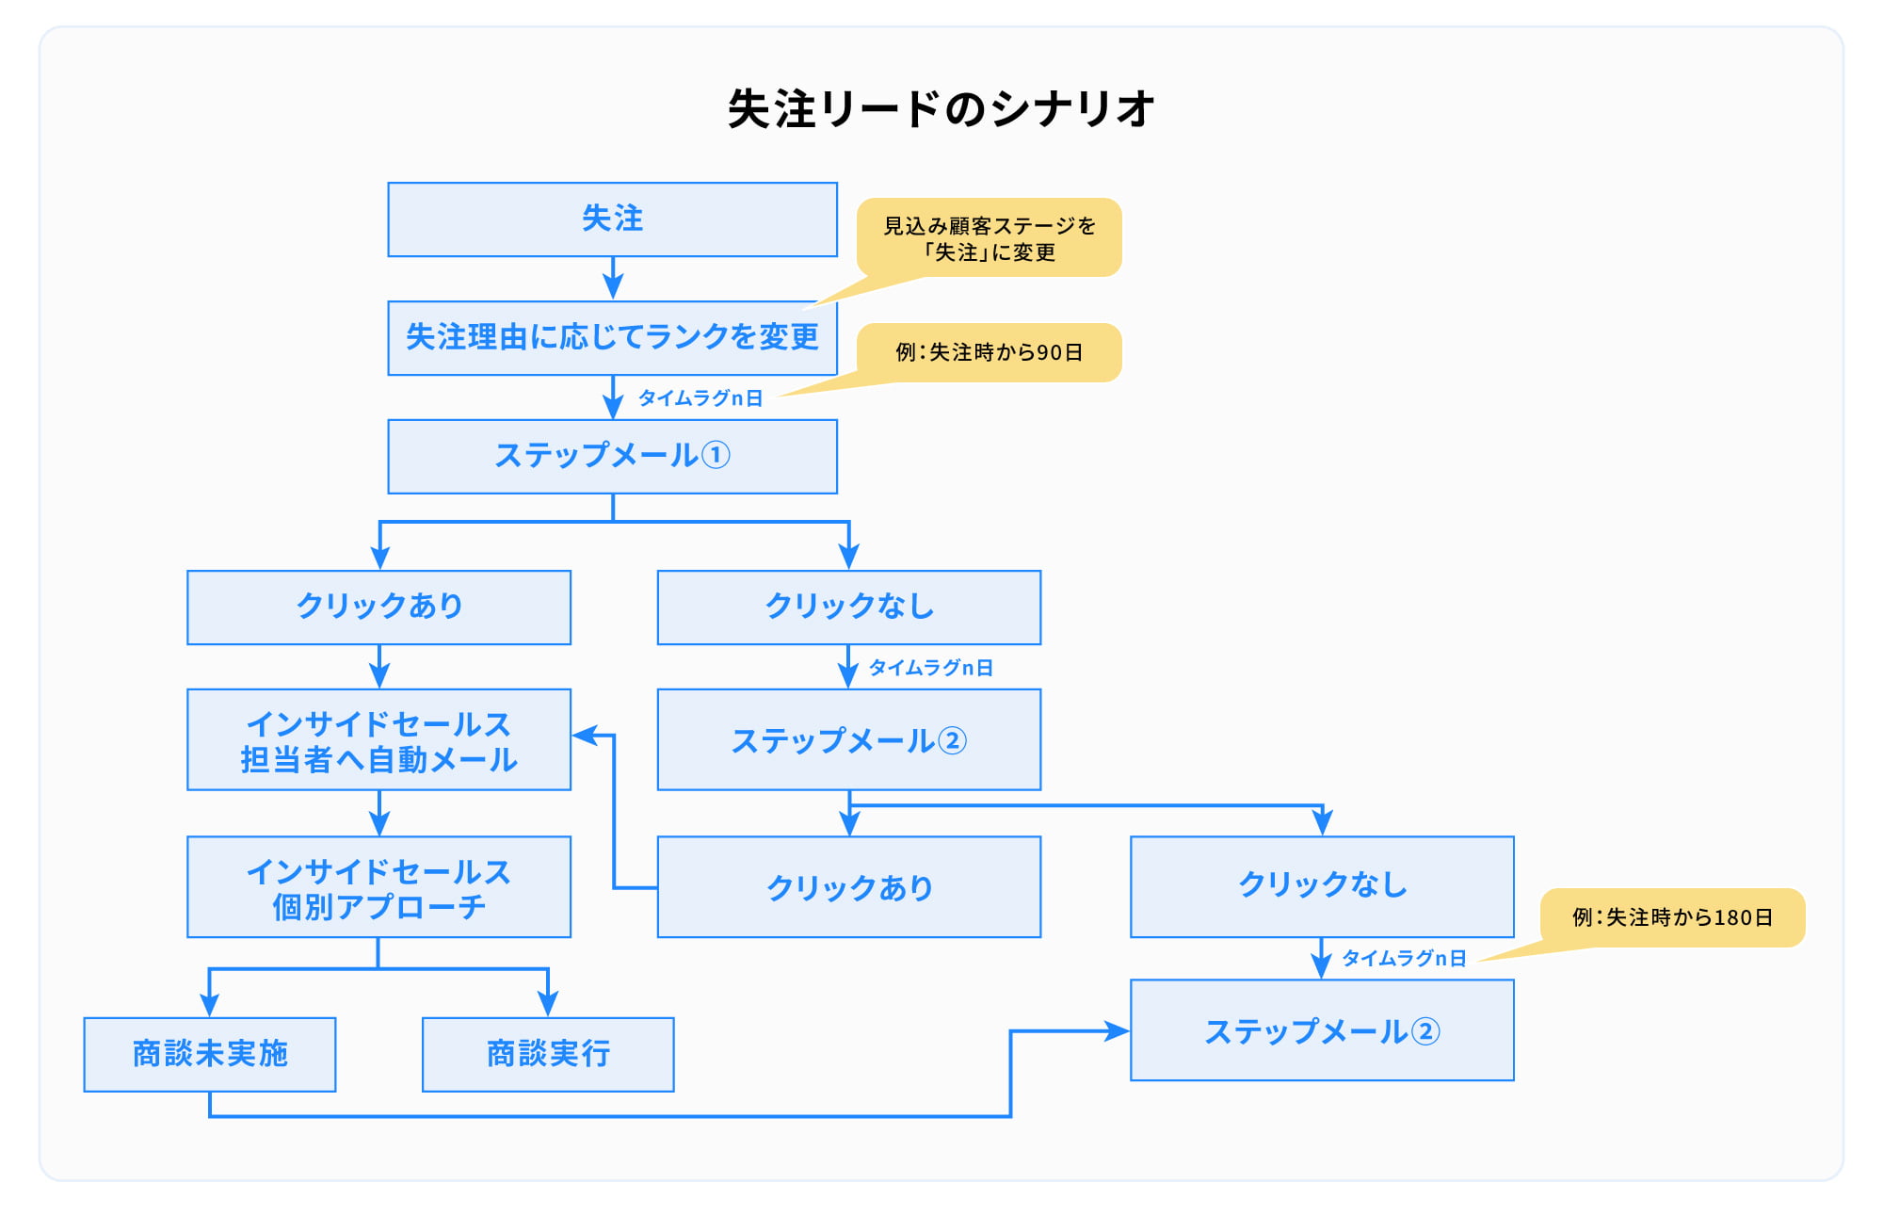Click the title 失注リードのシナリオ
click(x=941, y=108)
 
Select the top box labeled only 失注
click(x=613, y=219)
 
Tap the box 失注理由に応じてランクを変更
click(x=613, y=338)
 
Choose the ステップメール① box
click(x=613, y=457)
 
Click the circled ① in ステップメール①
click(x=716, y=456)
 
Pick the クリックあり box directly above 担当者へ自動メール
click(x=379, y=607)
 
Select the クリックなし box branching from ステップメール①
click(x=849, y=607)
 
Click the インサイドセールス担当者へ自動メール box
click(x=379, y=739)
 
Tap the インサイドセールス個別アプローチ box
click(x=379, y=887)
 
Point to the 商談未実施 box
click(x=210, y=1055)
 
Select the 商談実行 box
click(x=548, y=1055)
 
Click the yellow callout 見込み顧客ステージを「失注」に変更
click(x=989, y=238)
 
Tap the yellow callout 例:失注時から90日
click(x=989, y=353)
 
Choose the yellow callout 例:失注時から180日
click(x=1672, y=917)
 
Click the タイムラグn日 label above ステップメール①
click(x=700, y=398)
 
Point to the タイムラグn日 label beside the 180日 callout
click(x=1404, y=959)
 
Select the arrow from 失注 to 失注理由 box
click(x=613, y=279)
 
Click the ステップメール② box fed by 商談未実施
click(x=1322, y=1030)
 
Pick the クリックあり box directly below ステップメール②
click(x=849, y=887)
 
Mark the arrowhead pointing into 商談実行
click(x=548, y=1004)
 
